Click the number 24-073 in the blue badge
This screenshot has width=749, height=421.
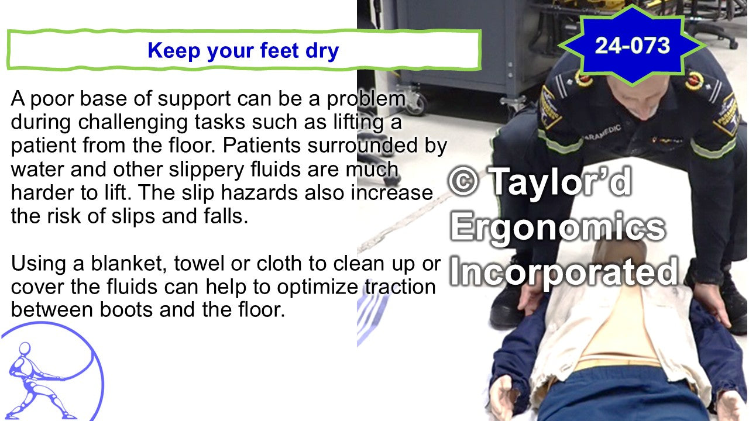pyautogui.click(x=633, y=46)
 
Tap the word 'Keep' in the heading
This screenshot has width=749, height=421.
pyautogui.click(x=174, y=50)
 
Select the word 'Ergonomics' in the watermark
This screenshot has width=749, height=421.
pyautogui.click(x=558, y=228)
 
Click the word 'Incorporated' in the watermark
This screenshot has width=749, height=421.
pyautogui.click(x=564, y=272)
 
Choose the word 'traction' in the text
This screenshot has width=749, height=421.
pyautogui.click(x=400, y=287)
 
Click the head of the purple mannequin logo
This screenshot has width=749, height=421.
pyautogui.click(x=25, y=348)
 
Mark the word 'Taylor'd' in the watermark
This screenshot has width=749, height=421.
pyautogui.click(x=560, y=182)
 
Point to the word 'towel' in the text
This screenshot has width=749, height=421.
pyautogui.click(x=199, y=264)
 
